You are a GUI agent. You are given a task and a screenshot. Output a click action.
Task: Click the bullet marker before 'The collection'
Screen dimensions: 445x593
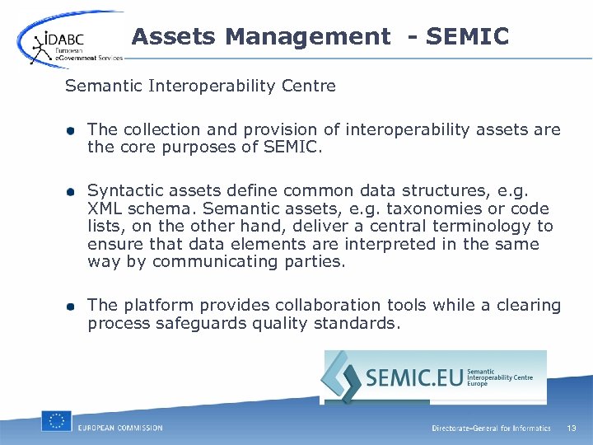pos(73,131)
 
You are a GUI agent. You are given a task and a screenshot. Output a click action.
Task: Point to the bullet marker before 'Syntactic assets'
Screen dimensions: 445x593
pos(73,191)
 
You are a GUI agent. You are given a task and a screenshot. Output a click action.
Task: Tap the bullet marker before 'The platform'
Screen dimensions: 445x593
pos(73,307)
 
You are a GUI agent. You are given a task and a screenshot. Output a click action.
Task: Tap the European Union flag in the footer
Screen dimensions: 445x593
pos(57,422)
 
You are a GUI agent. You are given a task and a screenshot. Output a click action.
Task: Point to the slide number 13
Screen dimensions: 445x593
pos(572,428)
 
